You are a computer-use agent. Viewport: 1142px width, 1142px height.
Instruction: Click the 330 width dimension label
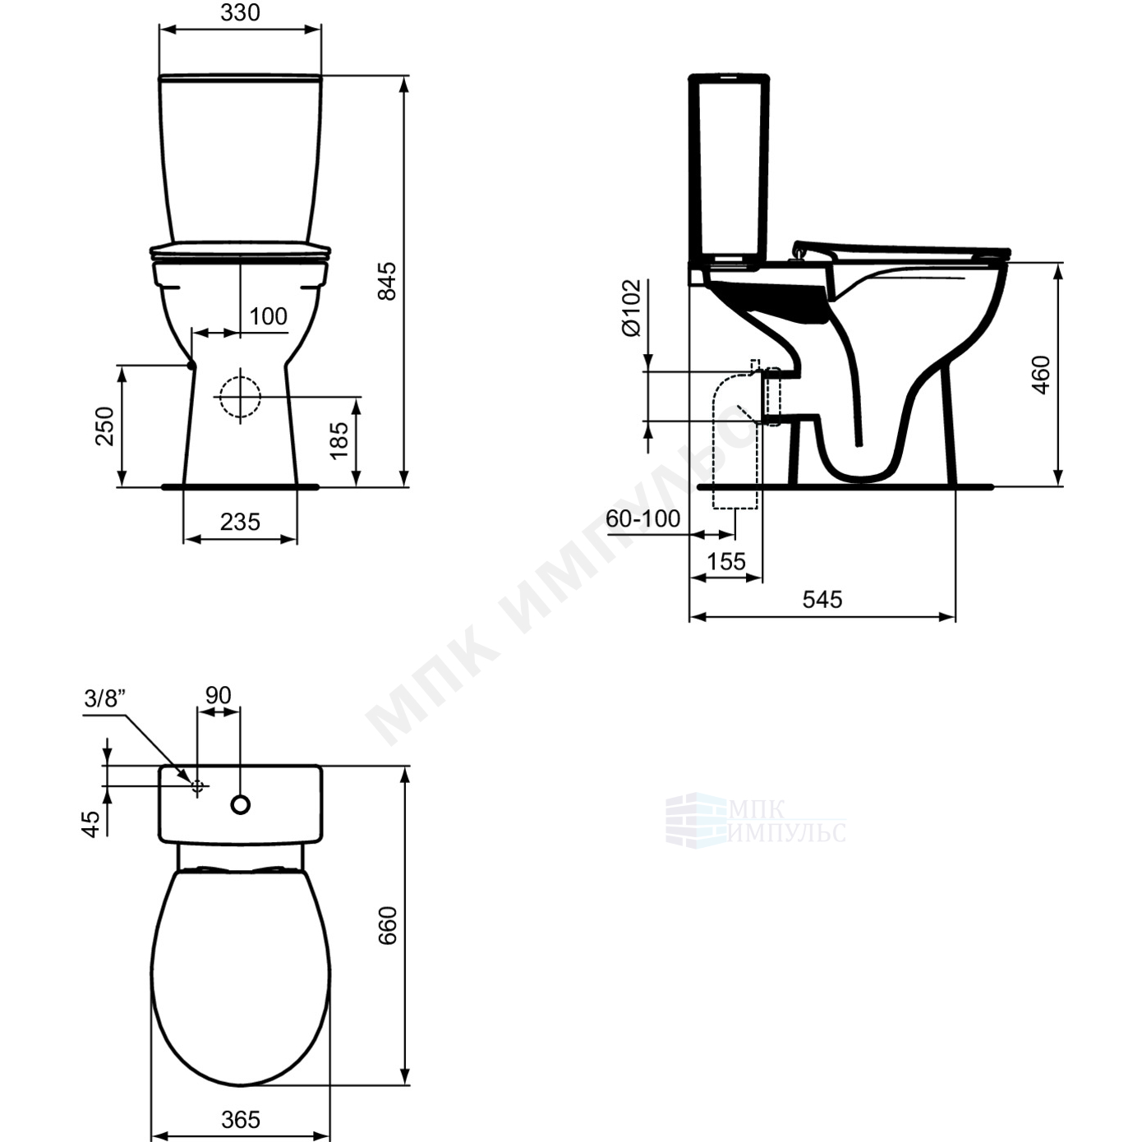240,12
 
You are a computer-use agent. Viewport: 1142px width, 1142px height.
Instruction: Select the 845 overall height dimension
387,281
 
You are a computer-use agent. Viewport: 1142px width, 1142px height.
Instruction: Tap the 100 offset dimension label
268,316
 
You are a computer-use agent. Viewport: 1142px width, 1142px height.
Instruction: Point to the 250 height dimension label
104,426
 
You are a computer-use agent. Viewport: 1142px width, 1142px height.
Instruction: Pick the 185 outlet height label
339,440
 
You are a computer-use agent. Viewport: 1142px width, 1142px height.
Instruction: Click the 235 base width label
240,522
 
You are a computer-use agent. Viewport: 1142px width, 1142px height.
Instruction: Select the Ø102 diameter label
631,307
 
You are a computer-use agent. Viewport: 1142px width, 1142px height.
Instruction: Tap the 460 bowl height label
1041,375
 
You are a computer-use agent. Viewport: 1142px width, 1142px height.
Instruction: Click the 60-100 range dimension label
643,518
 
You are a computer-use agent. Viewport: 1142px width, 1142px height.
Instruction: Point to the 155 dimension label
726,561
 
